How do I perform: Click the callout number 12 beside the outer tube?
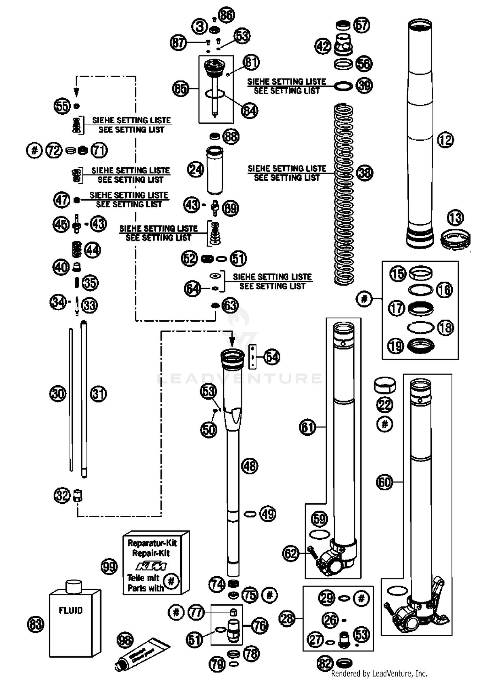click(445, 140)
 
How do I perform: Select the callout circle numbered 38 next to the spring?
click(365, 173)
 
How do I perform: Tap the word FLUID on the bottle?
click(71, 610)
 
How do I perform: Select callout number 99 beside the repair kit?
click(109, 567)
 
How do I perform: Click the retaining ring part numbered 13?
click(455, 240)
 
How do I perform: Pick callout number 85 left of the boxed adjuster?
click(180, 88)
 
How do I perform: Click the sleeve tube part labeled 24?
click(215, 170)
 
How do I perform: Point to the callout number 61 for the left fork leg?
click(308, 427)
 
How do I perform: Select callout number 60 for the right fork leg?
click(384, 482)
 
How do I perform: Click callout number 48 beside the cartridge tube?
click(250, 466)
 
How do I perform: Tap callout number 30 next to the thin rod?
click(58, 393)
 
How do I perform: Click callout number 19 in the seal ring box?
click(396, 346)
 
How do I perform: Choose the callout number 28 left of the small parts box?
click(287, 619)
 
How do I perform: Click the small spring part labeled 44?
click(76, 249)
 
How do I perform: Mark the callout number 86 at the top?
click(226, 15)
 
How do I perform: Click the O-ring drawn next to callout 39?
click(343, 86)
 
